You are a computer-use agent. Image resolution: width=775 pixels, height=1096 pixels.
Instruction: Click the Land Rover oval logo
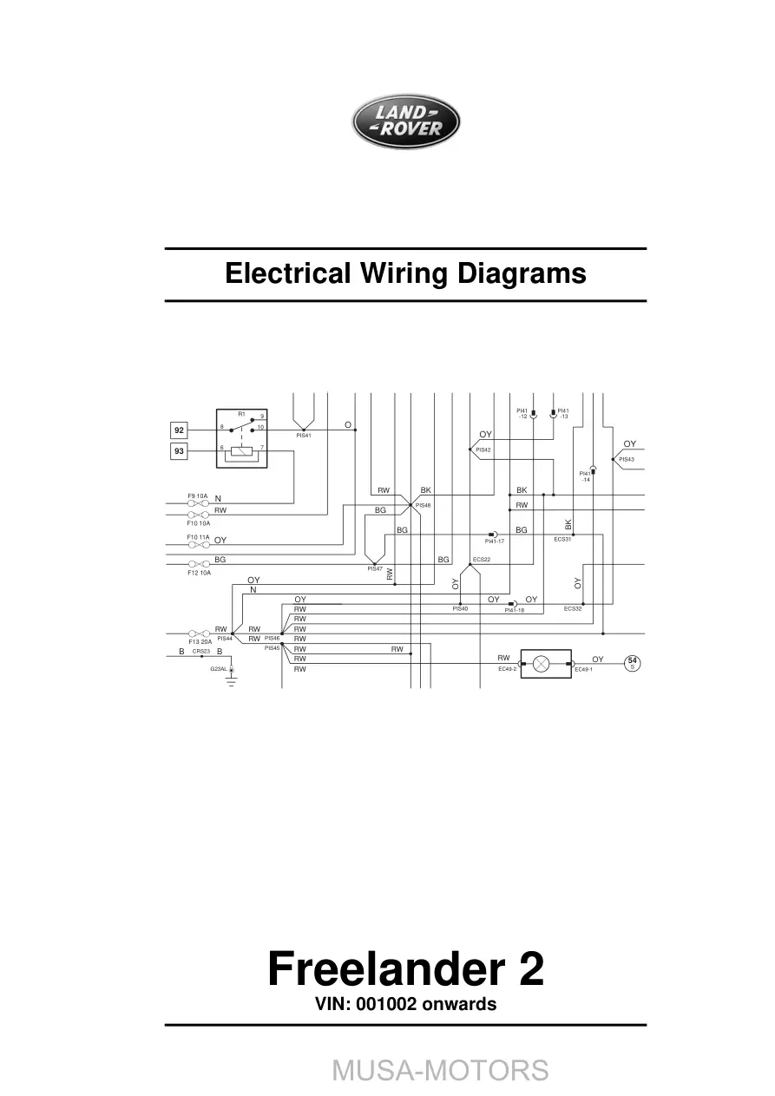[x=405, y=121]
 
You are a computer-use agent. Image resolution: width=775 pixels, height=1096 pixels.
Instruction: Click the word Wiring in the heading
[x=404, y=273]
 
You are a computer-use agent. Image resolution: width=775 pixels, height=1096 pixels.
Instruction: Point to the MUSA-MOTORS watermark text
[x=440, y=1069]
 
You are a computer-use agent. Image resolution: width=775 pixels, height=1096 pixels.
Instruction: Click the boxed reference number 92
[x=179, y=430]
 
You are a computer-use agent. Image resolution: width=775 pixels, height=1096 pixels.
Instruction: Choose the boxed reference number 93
[x=179, y=451]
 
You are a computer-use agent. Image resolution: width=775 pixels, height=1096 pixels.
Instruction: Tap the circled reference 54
[x=632, y=663]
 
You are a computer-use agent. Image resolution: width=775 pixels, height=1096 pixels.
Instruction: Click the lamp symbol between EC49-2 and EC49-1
[x=541, y=664]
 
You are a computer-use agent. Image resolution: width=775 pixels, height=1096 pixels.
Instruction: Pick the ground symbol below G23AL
[x=232, y=681]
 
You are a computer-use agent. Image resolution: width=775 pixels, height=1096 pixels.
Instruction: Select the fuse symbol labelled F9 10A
[x=198, y=503]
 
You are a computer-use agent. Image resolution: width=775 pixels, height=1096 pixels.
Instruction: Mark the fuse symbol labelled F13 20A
[x=199, y=633]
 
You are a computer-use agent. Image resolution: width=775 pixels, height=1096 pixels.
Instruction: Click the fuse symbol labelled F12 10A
[x=199, y=564]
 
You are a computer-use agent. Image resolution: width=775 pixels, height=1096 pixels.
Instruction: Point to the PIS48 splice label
[x=424, y=505]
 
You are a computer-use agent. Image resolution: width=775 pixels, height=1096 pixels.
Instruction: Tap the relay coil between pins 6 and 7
[x=241, y=451]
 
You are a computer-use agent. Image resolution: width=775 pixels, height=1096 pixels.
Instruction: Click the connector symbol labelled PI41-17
[x=493, y=535]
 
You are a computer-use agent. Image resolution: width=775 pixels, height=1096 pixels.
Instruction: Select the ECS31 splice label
[x=562, y=539]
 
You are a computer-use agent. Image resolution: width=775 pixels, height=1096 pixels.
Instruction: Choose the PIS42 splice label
[x=483, y=450]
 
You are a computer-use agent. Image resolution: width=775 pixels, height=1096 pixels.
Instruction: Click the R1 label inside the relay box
[x=241, y=414]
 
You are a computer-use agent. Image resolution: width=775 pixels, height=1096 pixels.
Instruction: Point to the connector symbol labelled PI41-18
[x=513, y=604]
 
